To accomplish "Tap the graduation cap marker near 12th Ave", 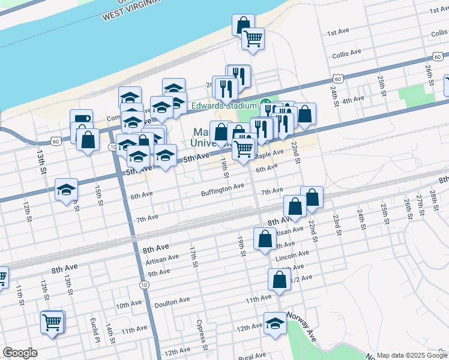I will [x=275, y=323].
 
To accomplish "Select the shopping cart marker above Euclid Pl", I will [x=52, y=322].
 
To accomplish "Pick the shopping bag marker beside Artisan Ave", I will [x=265, y=239].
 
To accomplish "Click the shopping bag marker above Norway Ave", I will [x=279, y=279].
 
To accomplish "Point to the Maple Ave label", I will [x=268, y=154].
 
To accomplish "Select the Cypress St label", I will [x=202, y=335].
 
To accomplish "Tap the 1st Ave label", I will [x=337, y=31].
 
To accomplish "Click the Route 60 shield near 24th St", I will [x=338, y=79].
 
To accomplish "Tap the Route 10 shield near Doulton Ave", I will [x=143, y=284].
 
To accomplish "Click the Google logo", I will [x=20, y=353].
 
